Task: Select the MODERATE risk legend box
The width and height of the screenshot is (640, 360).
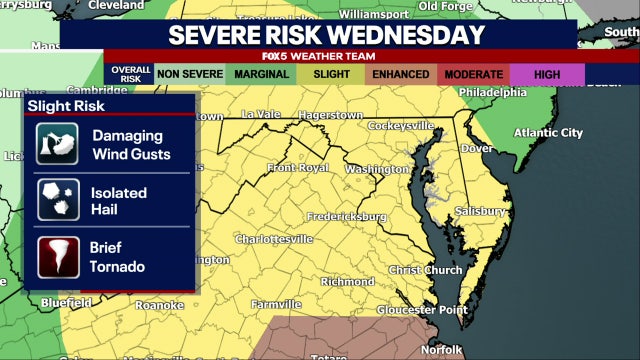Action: [x=474, y=73]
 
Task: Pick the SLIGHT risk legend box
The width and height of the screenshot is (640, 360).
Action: [x=332, y=73]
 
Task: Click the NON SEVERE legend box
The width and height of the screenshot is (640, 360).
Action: [x=189, y=73]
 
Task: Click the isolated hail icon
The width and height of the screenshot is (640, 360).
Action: [x=57, y=200]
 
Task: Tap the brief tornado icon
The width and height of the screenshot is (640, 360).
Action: [x=57, y=257]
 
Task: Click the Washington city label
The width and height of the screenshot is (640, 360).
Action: [x=378, y=170]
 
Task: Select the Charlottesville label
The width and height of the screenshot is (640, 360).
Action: [x=274, y=240]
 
